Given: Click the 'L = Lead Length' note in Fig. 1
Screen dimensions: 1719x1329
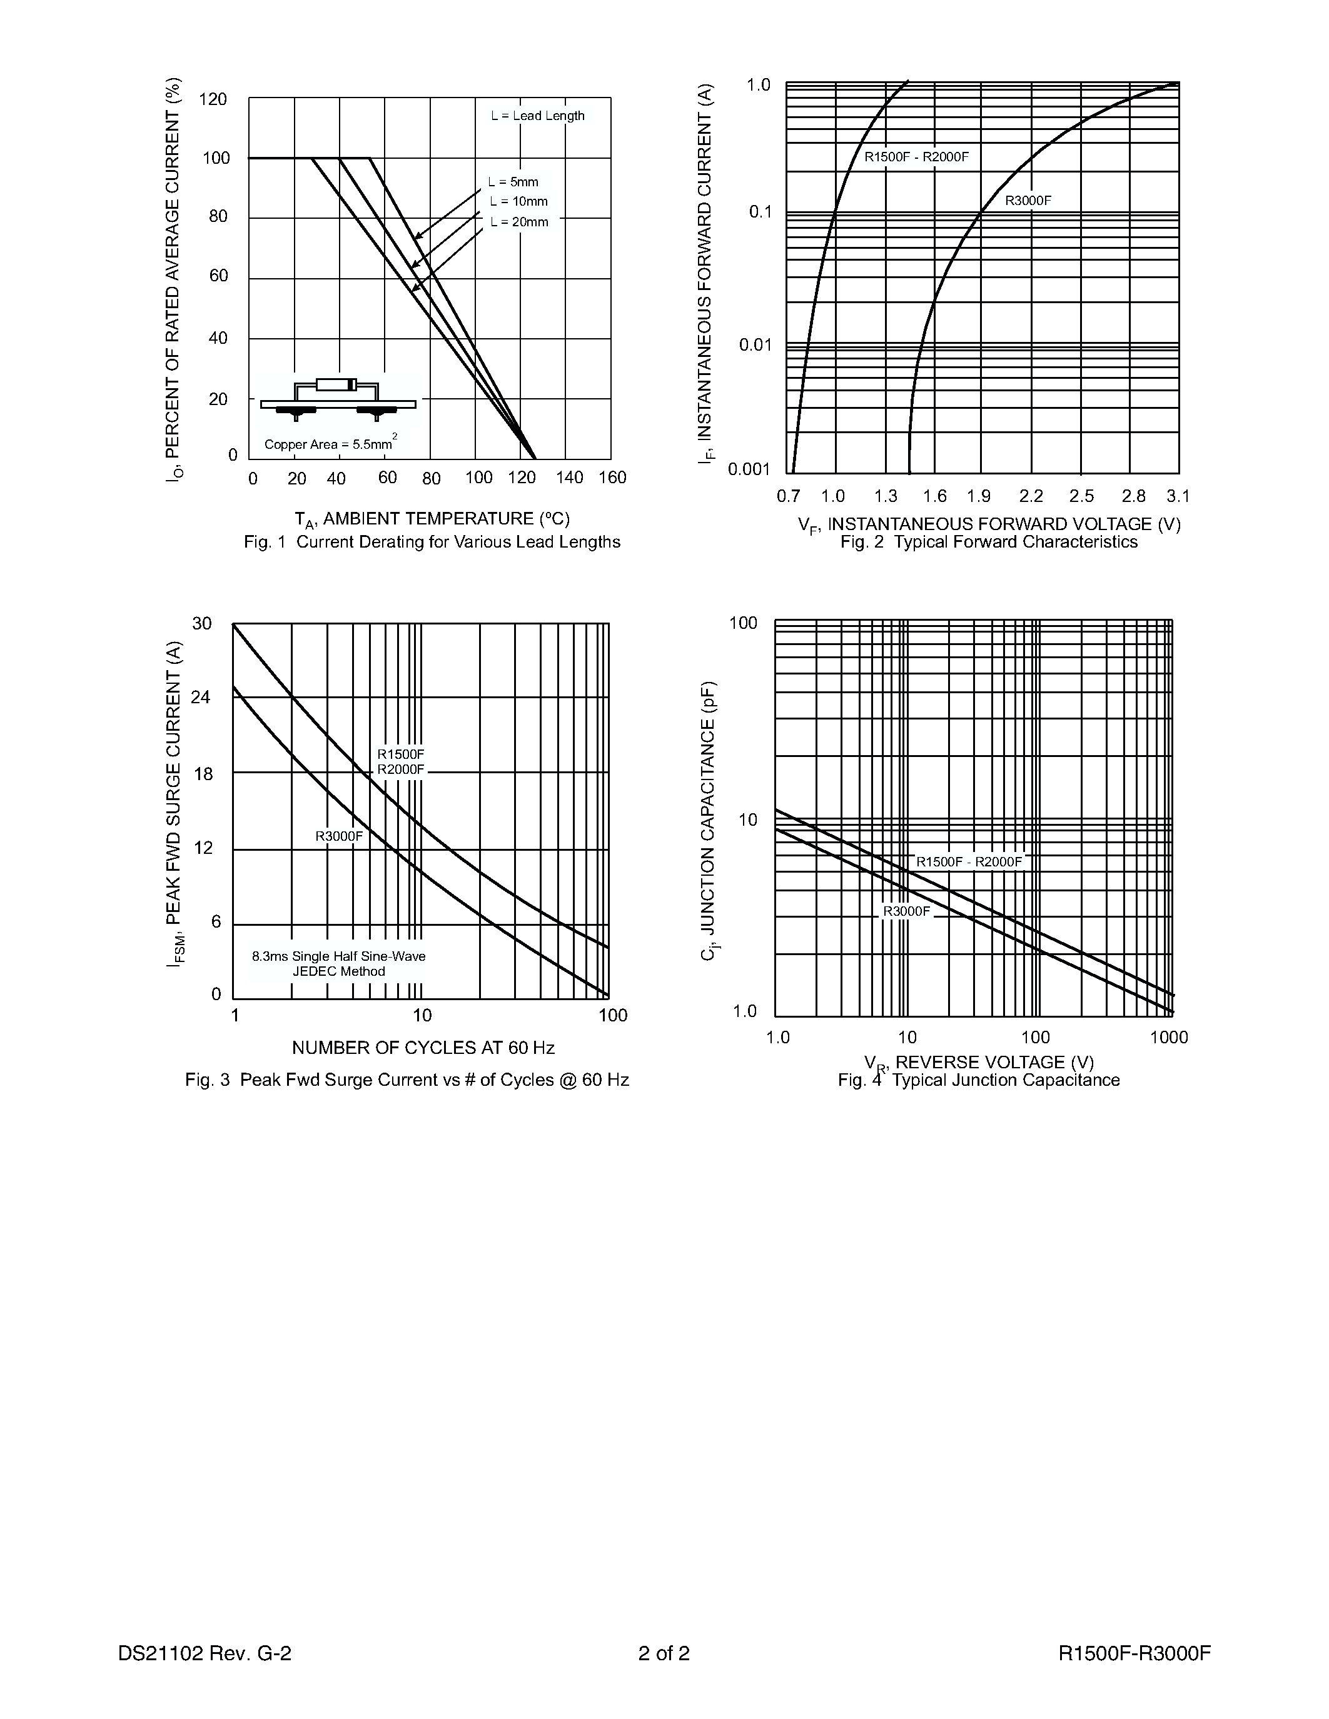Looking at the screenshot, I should click(538, 116).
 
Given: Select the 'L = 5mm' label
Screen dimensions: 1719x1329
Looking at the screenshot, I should click(513, 182).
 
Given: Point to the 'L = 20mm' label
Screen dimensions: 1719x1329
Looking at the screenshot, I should click(519, 222).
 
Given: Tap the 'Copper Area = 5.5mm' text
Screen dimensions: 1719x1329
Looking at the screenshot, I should click(329, 444).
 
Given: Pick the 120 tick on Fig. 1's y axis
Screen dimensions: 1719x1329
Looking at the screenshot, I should click(213, 99).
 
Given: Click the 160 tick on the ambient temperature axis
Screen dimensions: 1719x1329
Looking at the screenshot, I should click(612, 478).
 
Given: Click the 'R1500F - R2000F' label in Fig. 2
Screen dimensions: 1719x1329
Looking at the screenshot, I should click(916, 157).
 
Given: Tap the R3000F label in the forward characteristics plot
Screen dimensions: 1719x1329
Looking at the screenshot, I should click(1028, 200).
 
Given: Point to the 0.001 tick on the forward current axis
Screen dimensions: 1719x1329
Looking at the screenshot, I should click(749, 470).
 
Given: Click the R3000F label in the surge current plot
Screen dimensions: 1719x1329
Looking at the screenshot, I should click(340, 836).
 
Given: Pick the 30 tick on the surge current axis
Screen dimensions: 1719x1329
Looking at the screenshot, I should click(203, 623).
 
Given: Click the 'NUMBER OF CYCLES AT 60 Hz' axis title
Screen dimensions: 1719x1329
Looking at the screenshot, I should click(423, 1048).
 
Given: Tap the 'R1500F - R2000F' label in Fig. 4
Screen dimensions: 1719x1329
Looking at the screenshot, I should click(968, 862).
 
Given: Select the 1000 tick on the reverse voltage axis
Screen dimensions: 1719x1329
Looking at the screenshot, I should click(1168, 1038).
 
